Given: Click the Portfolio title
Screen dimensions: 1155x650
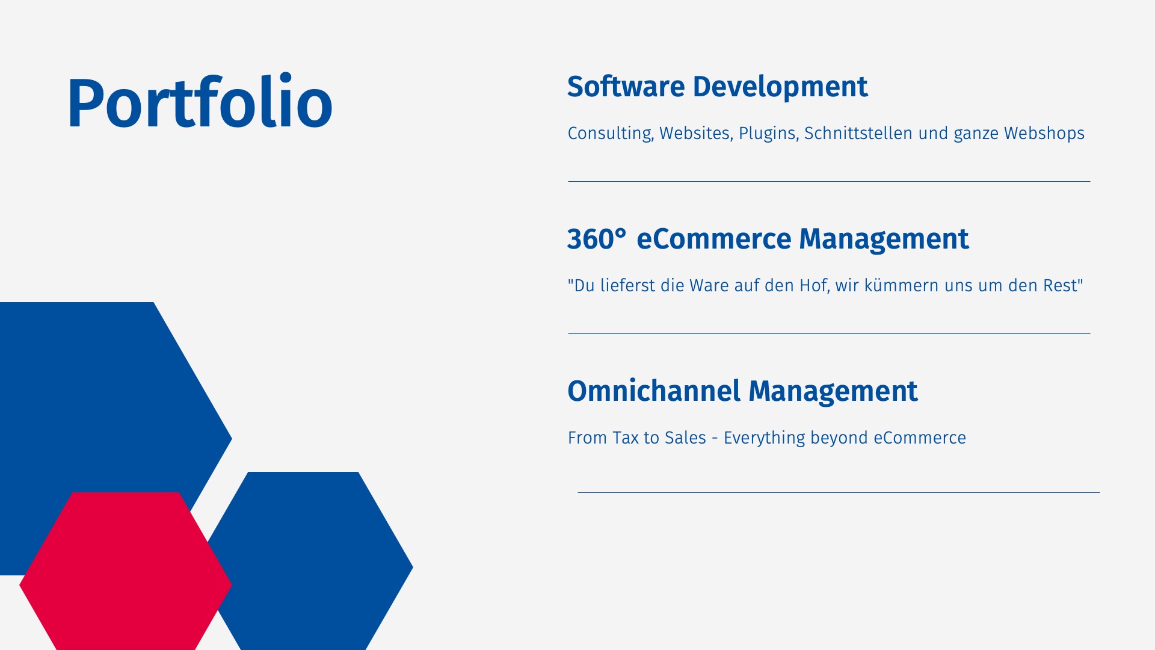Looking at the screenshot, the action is tap(199, 102).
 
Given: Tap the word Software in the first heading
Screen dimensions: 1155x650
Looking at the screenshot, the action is tap(626, 87).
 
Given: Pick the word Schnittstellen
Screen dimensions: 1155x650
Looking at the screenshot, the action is tap(858, 133).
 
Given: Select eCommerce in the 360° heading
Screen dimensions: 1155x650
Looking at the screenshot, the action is tap(714, 239).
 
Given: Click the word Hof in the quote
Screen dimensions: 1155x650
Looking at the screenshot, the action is tap(815, 285).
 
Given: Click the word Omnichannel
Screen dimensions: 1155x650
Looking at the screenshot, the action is tap(654, 391).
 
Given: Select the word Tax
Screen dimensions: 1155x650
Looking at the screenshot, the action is tap(626, 438).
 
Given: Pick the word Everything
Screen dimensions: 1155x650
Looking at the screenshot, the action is tap(764, 438).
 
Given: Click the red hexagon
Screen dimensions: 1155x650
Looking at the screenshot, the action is tap(126, 571).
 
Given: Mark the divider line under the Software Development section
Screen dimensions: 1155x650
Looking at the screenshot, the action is tap(829, 181).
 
